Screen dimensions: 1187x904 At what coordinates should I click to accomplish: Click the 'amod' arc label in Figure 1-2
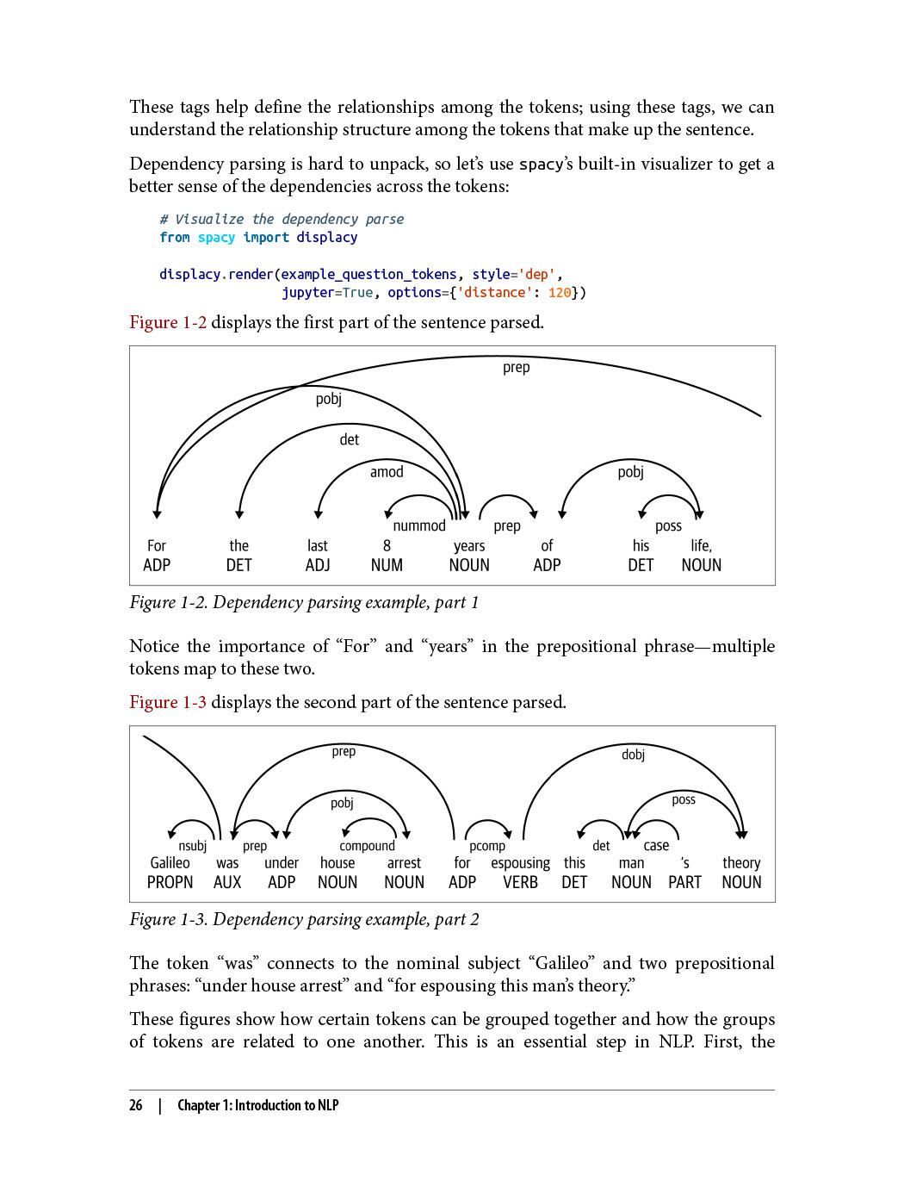pos(387,472)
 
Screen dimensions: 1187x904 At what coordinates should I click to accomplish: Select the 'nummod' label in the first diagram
pos(419,525)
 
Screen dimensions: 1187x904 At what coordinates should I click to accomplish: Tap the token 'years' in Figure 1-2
pos(469,545)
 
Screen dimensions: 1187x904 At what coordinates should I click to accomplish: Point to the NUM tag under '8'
pos(387,565)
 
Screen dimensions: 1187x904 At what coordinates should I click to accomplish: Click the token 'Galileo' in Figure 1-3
pos(170,862)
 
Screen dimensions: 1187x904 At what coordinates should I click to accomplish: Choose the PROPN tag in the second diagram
pos(170,882)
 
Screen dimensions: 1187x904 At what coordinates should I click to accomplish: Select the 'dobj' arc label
pos(633,755)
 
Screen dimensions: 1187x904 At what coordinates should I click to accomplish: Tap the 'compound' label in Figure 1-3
pos(367,846)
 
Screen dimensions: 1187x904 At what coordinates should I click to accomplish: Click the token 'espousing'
pos(520,862)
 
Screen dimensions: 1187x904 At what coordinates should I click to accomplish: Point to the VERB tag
pos(520,882)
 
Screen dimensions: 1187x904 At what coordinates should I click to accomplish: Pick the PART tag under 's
pos(684,882)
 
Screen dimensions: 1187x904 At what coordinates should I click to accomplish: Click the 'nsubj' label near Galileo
pos(192,846)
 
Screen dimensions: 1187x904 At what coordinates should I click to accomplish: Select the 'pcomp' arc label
pos(487,846)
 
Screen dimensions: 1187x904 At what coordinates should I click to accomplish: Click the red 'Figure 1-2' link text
pos(168,322)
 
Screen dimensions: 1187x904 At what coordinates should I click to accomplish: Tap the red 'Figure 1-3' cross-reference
pos(168,702)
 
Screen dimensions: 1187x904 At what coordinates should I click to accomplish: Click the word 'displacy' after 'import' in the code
pos(326,237)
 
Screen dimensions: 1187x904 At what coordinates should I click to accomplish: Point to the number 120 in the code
pos(560,292)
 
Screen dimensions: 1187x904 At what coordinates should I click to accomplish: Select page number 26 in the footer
pos(136,1105)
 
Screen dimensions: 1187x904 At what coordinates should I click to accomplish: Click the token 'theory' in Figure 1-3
pos(741,862)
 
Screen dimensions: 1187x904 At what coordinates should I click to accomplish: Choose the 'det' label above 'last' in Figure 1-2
pos(349,439)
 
